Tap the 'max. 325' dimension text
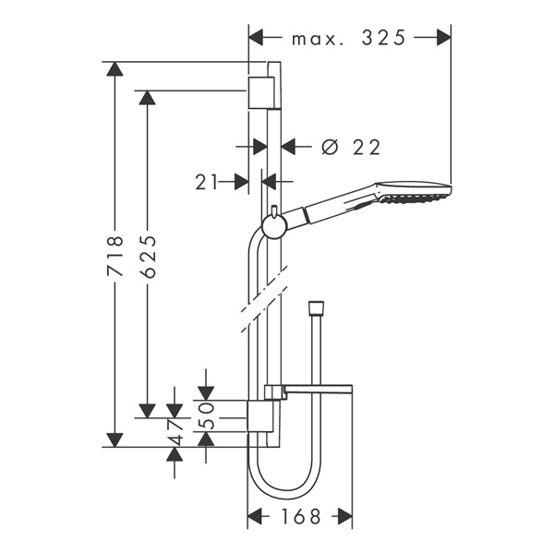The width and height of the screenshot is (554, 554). (x=348, y=38)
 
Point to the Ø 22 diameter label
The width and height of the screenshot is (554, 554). (x=350, y=146)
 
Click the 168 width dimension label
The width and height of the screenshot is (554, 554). (x=300, y=517)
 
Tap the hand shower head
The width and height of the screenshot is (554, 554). (x=413, y=193)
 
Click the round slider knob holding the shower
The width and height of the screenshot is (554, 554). (x=273, y=224)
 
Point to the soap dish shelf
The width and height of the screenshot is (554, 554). (x=319, y=387)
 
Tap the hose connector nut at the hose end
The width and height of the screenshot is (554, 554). (x=317, y=306)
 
